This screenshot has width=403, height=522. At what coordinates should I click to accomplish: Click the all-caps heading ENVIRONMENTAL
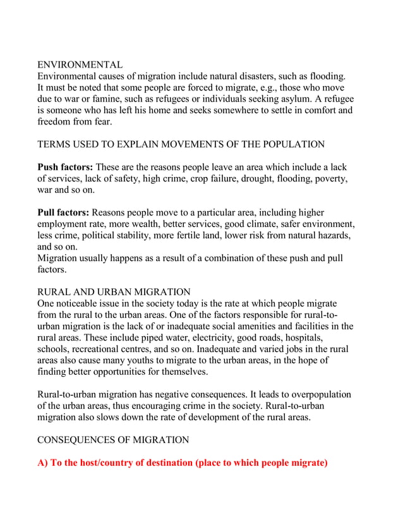tap(80, 65)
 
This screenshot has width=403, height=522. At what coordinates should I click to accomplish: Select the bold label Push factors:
tap(65, 167)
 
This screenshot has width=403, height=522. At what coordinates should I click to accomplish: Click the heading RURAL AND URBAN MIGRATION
tap(114, 292)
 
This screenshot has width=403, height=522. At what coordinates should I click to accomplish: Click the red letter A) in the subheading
tap(43, 463)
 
